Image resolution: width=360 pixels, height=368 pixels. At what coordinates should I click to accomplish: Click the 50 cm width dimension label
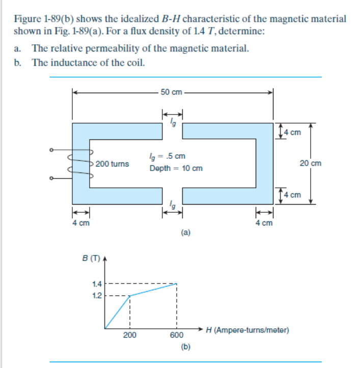click(x=171, y=92)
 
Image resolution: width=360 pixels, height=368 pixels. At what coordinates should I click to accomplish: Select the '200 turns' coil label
click(x=113, y=164)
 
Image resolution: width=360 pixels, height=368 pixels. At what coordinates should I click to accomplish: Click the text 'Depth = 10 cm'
click(x=176, y=168)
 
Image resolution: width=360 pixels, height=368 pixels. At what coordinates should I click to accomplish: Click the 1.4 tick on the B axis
click(x=97, y=284)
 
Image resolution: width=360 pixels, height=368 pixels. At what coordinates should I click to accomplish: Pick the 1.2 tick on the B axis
click(x=97, y=295)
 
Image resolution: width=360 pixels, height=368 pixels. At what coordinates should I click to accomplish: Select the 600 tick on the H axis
click(x=176, y=334)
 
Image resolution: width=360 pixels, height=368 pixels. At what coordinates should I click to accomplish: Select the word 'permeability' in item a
click(x=123, y=49)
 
